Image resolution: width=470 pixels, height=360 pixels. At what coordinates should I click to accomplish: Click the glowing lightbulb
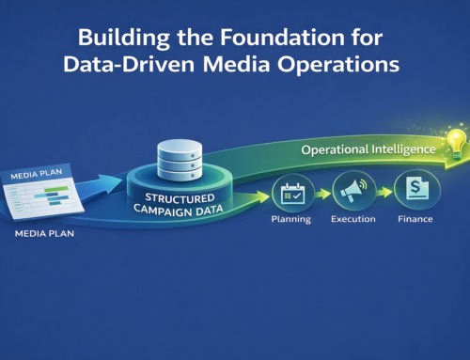coord(457,142)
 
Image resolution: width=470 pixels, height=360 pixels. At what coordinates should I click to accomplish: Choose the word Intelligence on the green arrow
coord(401,149)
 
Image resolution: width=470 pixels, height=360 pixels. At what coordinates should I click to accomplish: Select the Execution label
coord(352,218)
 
